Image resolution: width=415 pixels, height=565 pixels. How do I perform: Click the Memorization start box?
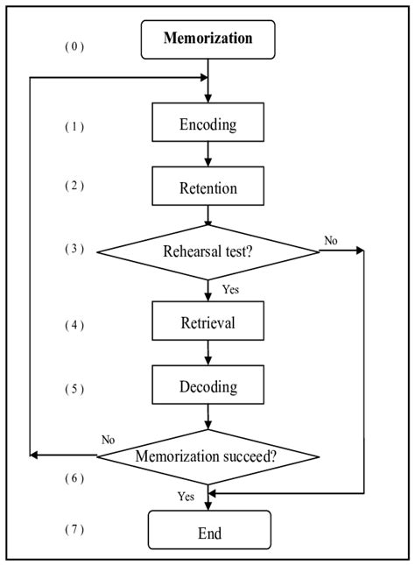pos(208,39)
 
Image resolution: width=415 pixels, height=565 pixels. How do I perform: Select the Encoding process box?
pos(207,124)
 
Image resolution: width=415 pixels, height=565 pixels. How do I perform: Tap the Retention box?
pos(207,187)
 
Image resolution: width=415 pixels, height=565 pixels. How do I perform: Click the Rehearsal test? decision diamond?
pos(208,252)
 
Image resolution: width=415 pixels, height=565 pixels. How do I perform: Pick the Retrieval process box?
pos(207,322)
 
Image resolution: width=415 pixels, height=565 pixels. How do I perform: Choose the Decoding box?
pos(207,386)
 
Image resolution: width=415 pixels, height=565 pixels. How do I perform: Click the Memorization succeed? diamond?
pos(207,456)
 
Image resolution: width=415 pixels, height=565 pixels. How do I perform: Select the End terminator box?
pos(208,532)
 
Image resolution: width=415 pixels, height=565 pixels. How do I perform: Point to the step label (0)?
pos(74,46)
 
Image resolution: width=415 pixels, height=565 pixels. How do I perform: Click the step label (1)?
pos(74,126)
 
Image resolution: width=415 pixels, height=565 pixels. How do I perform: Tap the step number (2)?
pos(74,185)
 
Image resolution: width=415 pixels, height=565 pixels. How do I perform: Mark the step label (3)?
pos(74,248)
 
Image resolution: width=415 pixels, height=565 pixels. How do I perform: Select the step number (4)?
pos(74,325)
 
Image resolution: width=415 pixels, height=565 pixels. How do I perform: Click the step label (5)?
pos(74,388)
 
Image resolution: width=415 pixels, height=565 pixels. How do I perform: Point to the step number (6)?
pos(74,477)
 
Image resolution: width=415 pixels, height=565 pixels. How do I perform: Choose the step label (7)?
pos(74,530)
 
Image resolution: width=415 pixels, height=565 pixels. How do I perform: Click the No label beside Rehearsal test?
pos(332,238)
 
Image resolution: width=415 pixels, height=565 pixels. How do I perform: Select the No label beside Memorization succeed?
pos(108,440)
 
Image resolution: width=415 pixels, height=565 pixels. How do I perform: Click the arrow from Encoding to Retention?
pos(208,153)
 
